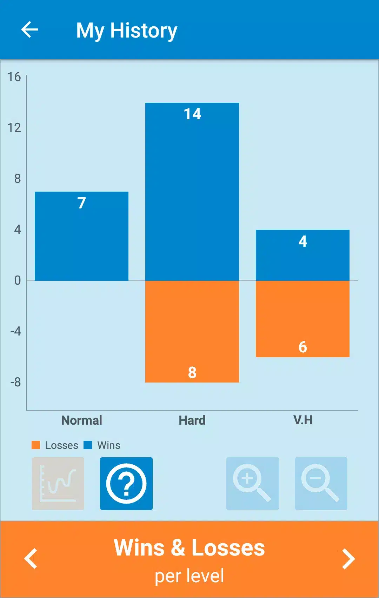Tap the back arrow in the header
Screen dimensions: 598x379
[x=30, y=29]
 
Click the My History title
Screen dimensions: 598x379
[x=127, y=31]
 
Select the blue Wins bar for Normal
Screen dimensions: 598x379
[x=81, y=236]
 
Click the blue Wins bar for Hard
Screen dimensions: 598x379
[x=192, y=192]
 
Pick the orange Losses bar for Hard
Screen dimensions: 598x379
[x=192, y=331]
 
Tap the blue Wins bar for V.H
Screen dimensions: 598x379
[x=302, y=255]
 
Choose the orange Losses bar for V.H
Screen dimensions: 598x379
[x=302, y=319]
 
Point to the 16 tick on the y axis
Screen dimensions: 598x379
[x=14, y=77]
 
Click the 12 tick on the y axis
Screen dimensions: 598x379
[x=14, y=128]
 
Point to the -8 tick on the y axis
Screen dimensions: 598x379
[x=15, y=382]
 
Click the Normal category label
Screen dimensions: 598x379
[x=82, y=420]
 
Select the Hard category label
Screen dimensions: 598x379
[x=192, y=420]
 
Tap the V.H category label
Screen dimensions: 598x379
[x=303, y=420]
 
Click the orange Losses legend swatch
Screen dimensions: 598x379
[x=36, y=445]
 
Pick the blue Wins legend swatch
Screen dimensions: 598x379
[x=88, y=445]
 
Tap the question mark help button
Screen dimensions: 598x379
[x=126, y=483]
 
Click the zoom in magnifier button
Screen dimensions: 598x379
[x=253, y=483]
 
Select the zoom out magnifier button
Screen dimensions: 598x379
[x=321, y=483]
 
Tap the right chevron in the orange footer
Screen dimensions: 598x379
[x=348, y=559]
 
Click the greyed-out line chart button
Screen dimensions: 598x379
[x=58, y=483]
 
